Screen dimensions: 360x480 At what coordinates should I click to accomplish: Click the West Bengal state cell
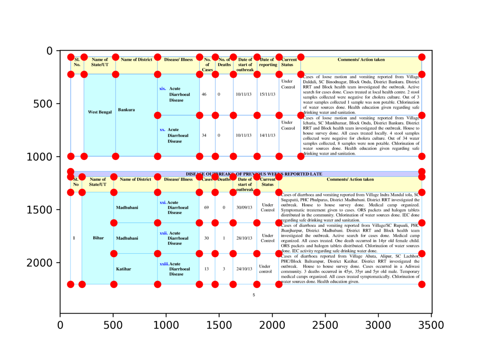click(100, 112)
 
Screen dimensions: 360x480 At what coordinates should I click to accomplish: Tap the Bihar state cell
click(99, 238)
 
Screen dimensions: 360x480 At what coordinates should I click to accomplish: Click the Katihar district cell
click(124, 269)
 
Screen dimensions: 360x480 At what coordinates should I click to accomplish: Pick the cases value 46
click(204, 94)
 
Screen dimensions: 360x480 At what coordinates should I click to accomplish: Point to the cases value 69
click(206, 207)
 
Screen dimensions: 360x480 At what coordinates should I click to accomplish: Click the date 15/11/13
click(268, 94)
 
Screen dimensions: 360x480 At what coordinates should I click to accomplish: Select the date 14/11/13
click(268, 135)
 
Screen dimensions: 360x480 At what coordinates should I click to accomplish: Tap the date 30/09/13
click(244, 207)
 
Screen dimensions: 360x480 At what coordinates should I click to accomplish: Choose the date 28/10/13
click(244, 238)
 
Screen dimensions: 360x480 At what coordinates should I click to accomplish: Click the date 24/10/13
click(244, 269)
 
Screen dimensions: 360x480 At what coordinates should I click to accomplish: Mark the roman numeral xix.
click(163, 89)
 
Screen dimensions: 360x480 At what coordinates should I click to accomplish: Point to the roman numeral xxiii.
click(164, 264)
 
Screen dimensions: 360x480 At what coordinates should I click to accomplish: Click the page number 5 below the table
click(254, 295)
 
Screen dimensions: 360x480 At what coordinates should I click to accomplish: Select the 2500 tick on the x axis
click(325, 324)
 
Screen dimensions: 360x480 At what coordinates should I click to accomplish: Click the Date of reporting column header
click(267, 62)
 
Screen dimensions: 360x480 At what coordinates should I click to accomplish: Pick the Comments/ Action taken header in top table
click(361, 60)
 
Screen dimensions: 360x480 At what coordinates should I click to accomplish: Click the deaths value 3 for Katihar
click(224, 269)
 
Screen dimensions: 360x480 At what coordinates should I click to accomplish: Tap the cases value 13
click(206, 269)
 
